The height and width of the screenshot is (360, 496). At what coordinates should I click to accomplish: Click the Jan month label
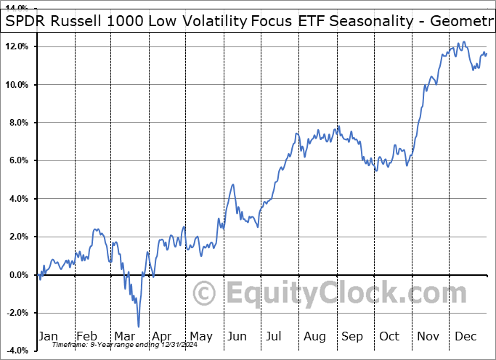48,336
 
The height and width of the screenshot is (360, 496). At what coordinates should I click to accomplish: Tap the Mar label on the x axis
124,336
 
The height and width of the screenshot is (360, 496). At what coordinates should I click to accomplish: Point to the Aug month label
314,336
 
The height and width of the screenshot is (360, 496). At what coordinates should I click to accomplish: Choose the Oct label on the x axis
390,336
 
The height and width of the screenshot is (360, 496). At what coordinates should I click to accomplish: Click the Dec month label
466,336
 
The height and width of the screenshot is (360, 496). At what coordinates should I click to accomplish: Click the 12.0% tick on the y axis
16,46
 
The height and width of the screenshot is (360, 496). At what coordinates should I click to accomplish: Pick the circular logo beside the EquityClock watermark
205,294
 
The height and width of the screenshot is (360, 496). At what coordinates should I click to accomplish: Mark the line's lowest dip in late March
138,327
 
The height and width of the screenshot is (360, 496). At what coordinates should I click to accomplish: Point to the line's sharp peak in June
233,184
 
